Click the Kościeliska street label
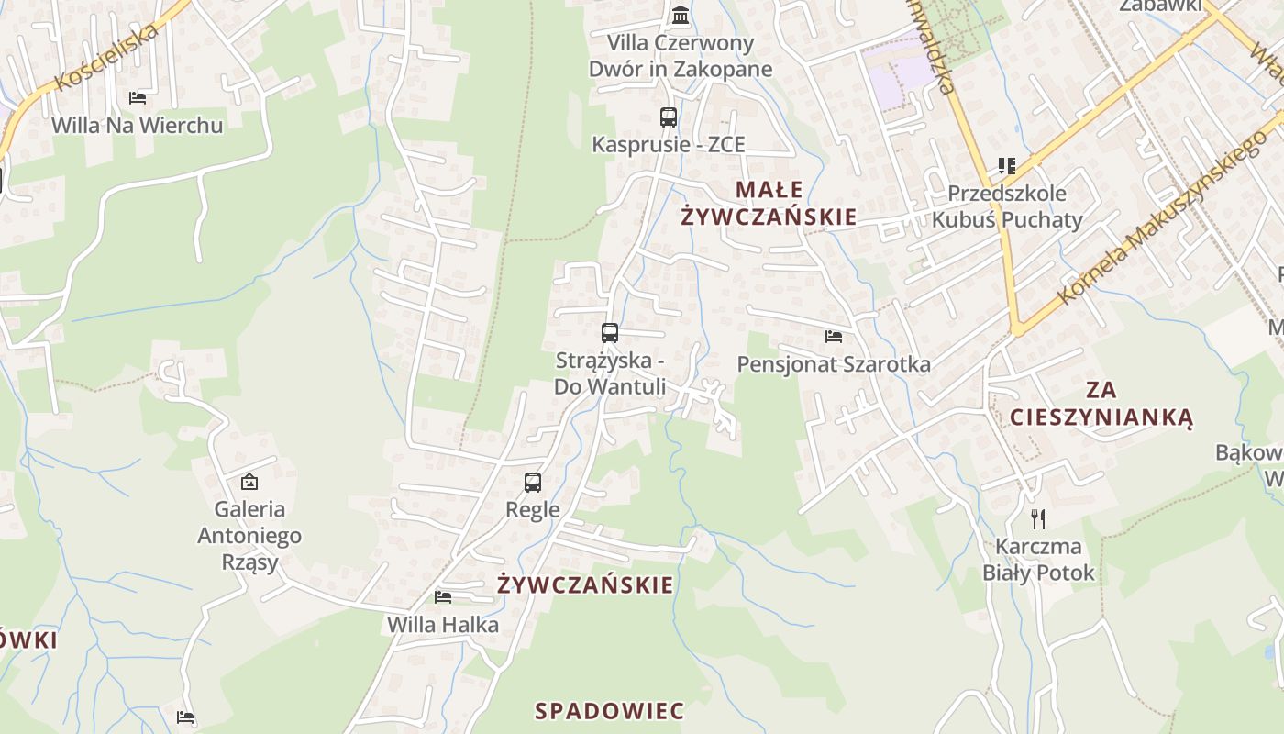coord(106,57)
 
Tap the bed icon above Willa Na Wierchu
coord(138,97)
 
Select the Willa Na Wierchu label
coord(138,125)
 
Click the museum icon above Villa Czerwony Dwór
coord(681,15)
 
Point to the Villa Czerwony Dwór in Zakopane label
coord(681,56)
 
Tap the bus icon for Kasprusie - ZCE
coord(669,117)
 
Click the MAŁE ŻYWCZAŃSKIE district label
coord(769,204)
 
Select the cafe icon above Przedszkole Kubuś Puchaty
coord(1007,166)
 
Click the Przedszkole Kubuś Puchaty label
coord(1007,206)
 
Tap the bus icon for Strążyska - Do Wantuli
coord(610,333)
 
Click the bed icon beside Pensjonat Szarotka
coord(834,337)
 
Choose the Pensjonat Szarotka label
coord(834,364)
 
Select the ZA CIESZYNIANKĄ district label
coord(1101,404)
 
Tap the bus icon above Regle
coord(533,482)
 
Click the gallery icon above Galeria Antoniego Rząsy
coord(249,482)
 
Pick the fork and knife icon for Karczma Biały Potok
coord(1038,519)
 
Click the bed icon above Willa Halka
coord(443,597)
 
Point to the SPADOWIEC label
coord(609,711)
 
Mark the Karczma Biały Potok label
coord(1038,560)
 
